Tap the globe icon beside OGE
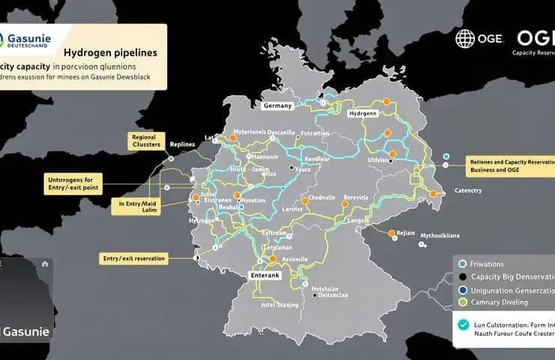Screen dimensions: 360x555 pyautogui.click(x=465, y=39)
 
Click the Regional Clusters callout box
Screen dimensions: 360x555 pyautogui.click(x=142, y=142)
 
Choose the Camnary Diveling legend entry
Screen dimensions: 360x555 pyautogui.click(x=499, y=302)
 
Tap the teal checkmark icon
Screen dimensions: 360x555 pyautogui.click(x=462, y=324)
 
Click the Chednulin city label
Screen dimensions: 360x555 pyautogui.click(x=316, y=198)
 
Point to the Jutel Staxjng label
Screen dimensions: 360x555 pyautogui.click(x=278, y=305)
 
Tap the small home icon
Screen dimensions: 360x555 pyautogui.click(x=45, y=263)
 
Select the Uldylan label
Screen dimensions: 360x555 pyautogui.click(x=379, y=160)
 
